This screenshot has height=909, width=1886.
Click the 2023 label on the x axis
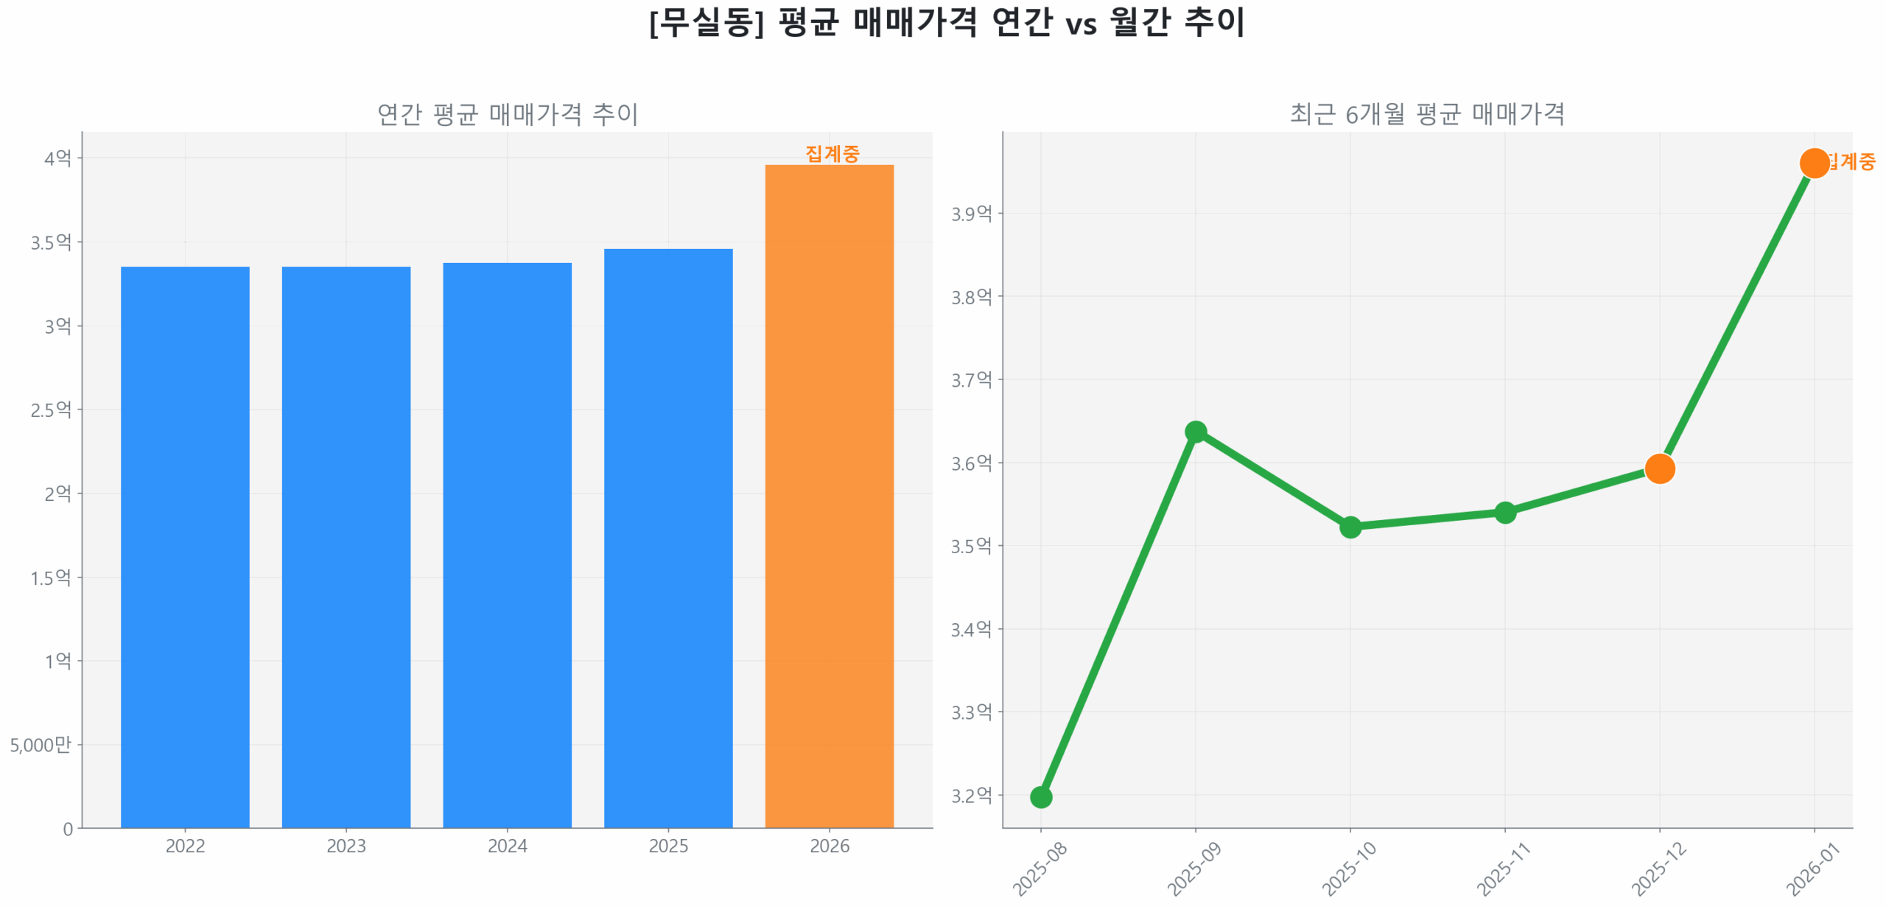[346, 845]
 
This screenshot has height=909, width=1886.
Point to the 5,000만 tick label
[41, 744]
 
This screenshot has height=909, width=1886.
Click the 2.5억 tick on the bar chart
[51, 409]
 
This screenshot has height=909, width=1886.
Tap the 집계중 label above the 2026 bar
[832, 153]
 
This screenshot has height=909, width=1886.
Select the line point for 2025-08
[1040, 796]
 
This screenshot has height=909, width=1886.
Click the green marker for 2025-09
[1195, 432]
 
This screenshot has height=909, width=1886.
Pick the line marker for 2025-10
[1350, 527]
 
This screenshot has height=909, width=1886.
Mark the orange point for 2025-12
[1659, 468]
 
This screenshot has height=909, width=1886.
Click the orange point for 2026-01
[1814, 163]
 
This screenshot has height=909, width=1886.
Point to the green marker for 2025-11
[1504, 512]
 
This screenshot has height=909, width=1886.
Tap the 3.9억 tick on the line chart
[971, 214]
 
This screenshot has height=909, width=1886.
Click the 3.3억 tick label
[971, 712]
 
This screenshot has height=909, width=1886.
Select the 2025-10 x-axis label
[1348, 868]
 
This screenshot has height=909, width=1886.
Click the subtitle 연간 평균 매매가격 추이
[507, 114]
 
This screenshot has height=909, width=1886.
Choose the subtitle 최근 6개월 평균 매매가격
[1426, 114]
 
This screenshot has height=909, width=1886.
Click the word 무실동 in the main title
[707, 23]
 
